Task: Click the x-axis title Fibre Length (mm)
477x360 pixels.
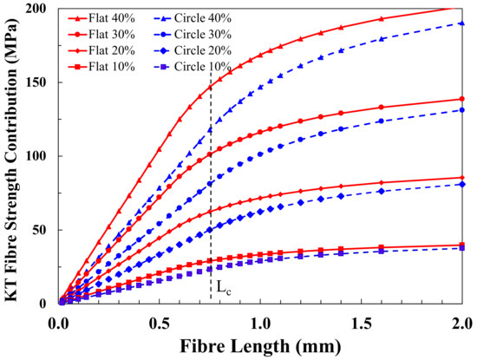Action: click(x=260, y=345)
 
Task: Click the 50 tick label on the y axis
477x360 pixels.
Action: click(x=42, y=230)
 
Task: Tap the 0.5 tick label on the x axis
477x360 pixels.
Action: click(x=160, y=320)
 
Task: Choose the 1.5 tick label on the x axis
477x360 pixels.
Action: click(x=362, y=320)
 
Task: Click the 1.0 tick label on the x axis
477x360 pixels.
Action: click(x=260, y=320)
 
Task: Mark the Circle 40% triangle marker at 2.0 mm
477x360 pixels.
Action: click(x=462, y=23)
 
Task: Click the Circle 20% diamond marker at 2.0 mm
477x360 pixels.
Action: click(x=462, y=184)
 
